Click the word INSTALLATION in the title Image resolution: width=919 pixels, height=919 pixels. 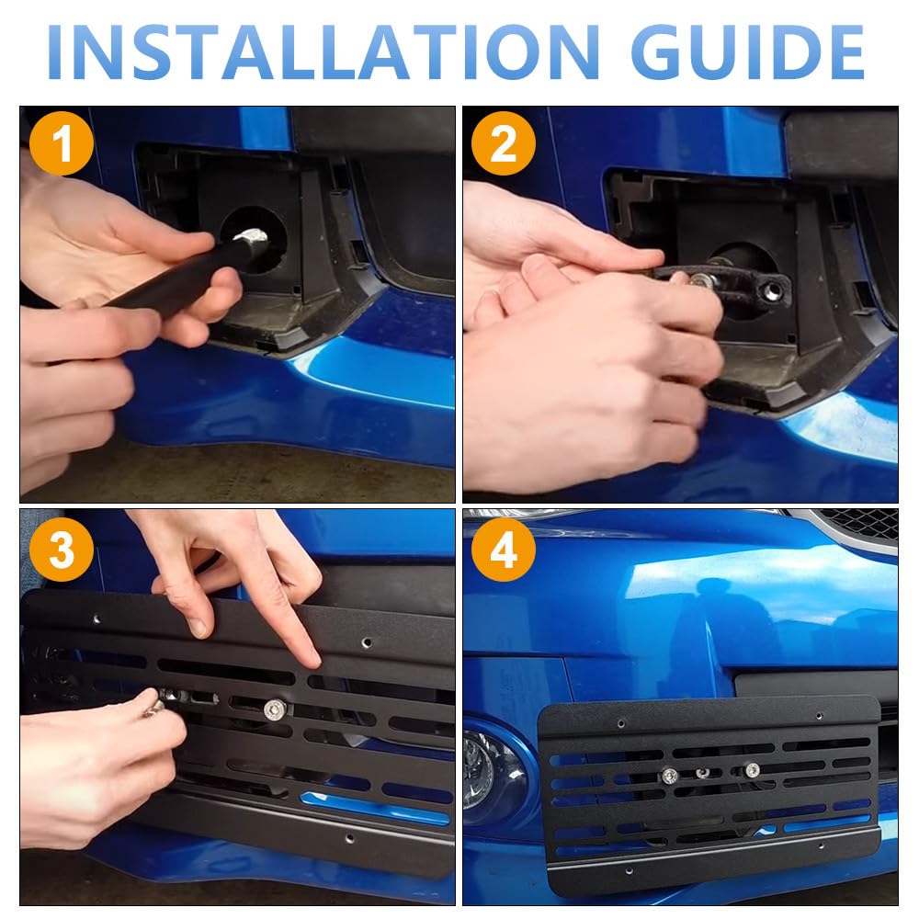pos(323,52)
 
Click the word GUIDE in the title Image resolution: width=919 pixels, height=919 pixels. pos(747,52)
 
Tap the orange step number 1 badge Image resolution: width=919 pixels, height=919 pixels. pos(62,143)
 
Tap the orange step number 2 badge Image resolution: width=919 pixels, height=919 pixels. pos(504,143)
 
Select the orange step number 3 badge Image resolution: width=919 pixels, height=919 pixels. pos(62,550)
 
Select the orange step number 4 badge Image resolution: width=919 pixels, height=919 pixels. pos(504,550)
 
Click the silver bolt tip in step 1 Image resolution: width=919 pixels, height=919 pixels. pos(251,236)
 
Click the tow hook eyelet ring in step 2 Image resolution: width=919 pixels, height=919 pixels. pos(774,289)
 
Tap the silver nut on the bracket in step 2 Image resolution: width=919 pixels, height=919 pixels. pos(702,280)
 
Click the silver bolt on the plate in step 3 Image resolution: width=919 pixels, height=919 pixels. pos(274,709)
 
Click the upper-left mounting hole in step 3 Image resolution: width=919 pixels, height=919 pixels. pos(96,618)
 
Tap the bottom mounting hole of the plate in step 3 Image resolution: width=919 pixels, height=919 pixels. pos(350,839)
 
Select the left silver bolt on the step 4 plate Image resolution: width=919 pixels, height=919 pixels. pos(671,777)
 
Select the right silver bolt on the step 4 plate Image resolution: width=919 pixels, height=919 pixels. pos(752,769)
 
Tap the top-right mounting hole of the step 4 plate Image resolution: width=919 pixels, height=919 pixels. pos(820,716)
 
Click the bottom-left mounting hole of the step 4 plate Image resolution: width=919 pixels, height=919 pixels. pos(629,871)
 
